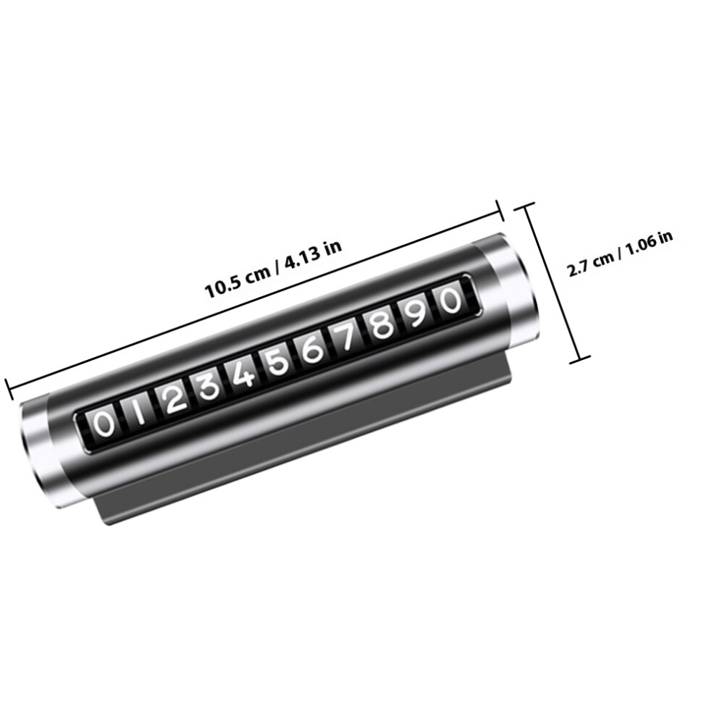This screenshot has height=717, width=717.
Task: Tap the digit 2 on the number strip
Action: click(x=172, y=398)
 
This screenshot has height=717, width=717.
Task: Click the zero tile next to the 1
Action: click(x=104, y=424)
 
